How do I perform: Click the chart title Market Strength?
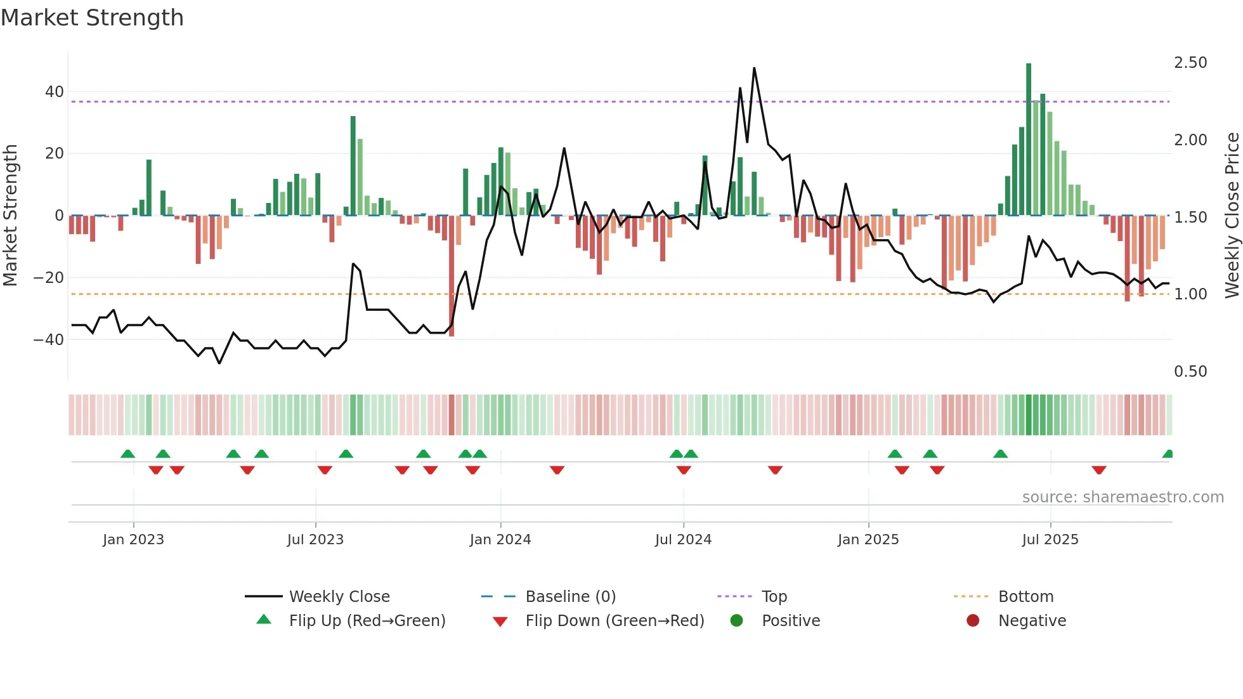(x=92, y=18)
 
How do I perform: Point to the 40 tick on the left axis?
(x=55, y=92)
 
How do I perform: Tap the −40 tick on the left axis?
(x=49, y=340)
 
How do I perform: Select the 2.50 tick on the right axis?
(x=1190, y=63)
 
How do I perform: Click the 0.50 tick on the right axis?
(x=1190, y=372)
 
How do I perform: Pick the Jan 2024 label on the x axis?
(x=500, y=540)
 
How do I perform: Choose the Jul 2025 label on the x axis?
(x=1050, y=540)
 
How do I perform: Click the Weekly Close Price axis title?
(x=1232, y=216)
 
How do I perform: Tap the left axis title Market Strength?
(x=10, y=216)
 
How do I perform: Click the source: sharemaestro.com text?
(x=1123, y=497)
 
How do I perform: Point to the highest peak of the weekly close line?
(x=754, y=68)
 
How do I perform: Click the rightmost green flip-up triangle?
(x=1168, y=454)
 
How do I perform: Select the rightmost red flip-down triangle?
(x=1099, y=470)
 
